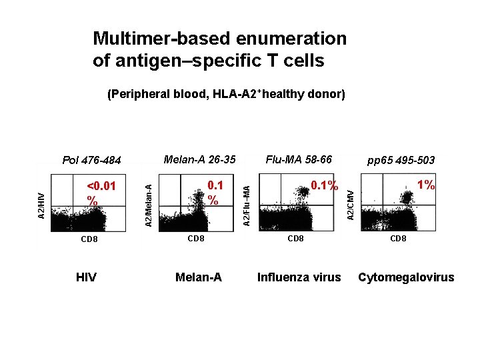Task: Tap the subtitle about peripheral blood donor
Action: [x=226, y=95]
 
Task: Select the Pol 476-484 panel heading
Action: [x=91, y=160]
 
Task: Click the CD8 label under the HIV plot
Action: [x=89, y=239]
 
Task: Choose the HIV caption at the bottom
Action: [x=86, y=277]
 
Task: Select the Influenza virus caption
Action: [x=299, y=277]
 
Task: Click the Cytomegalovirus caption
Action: [x=406, y=277]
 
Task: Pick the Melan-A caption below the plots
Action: [x=198, y=277]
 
